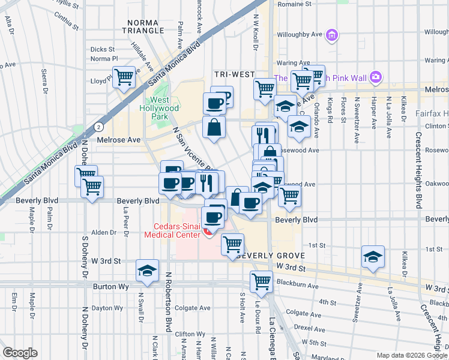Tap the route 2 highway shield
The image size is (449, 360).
pyautogui.click(x=97, y=127)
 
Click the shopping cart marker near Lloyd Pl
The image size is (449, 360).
pyautogui.click(x=124, y=77)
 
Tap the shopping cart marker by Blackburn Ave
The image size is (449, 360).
pyautogui.click(x=262, y=280)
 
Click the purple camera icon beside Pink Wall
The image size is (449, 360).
pyautogui.click(x=376, y=77)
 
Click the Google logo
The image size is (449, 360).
pyautogui.click(x=20, y=353)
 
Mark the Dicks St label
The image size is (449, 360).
pyautogui.click(x=102, y=49)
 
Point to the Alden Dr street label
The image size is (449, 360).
pyautogui.click(x=103, y=232)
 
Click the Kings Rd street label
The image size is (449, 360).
pyautogui.click(x=330, y=112)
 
